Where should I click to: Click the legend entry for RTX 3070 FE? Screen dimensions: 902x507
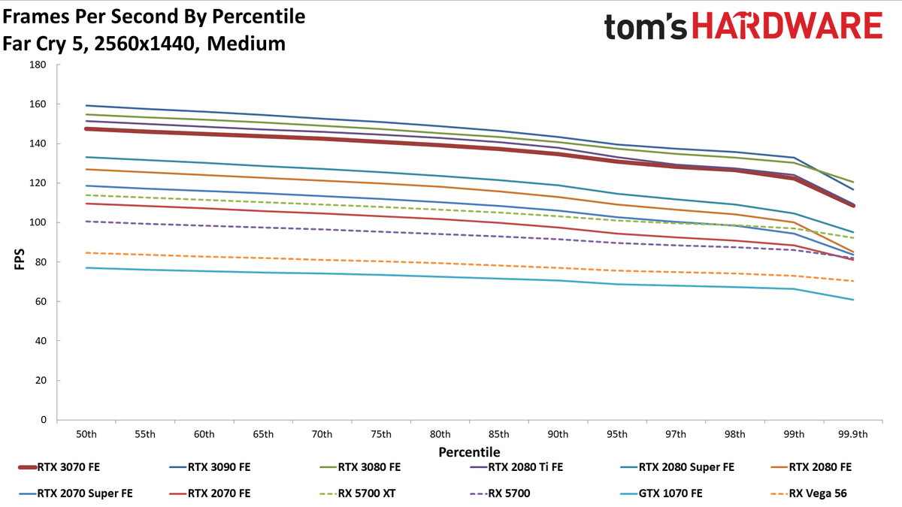coord(59,467)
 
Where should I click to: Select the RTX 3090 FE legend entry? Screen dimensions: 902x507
coord(210,467)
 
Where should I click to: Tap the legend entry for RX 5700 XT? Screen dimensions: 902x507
coord(358,493)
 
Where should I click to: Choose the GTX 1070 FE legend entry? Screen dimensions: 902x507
coord(661,493)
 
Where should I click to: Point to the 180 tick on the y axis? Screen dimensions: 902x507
coord(38,65)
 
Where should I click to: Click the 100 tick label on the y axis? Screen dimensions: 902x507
coord(38,222)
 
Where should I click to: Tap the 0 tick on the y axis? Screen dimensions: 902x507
coord(44,420)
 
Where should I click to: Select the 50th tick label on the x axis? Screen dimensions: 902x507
coord(86,434)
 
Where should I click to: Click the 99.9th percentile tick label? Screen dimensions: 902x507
coord(853,434)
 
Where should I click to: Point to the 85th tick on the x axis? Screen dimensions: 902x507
coord(499,434)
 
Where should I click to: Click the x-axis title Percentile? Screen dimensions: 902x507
coord(470,452)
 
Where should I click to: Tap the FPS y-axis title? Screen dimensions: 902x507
coord(20,258)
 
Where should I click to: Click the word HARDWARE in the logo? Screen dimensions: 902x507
coord(787,26)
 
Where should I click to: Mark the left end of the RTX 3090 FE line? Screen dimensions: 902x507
coord(86,105)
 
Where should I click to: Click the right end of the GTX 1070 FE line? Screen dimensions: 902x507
coord(853,300)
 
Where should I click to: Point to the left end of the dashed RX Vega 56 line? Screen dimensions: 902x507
coord(86,252)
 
